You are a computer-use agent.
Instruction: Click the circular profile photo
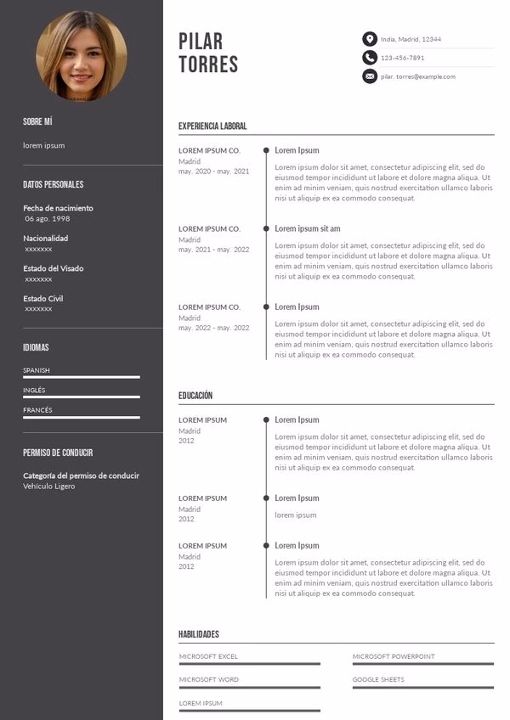tap(82, 56)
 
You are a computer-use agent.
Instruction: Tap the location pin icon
tap(370, 39)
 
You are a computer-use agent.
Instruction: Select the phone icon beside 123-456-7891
tap(370, 58)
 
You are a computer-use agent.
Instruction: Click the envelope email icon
tap(370, 76)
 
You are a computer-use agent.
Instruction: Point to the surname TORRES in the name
tap(208, 65)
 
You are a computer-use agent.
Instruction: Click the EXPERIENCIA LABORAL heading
tap(212, 127)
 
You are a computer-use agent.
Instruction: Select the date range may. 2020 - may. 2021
tap(213, 172)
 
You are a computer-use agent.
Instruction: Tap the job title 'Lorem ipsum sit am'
tap(307, 228)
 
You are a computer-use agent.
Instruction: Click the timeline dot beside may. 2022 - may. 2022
tap(266, 307)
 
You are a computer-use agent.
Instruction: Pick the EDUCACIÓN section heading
tap(195, 396)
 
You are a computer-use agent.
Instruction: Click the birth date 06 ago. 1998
tap(48, 219)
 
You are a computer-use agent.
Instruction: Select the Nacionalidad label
tap(46, 239)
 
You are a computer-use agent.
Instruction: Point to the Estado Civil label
tap(43, 299)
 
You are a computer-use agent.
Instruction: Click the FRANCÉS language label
tap(37, 410)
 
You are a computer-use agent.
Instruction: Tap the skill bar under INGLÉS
tap(82, 397)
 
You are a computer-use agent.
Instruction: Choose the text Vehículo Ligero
tap(49, 487)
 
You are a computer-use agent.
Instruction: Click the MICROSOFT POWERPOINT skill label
tap(394, 656)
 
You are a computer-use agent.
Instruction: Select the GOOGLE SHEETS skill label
tap(378, 679)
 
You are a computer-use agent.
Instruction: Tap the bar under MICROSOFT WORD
tap(249, 687)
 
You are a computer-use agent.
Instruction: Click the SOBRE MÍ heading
tap(37, 122)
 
